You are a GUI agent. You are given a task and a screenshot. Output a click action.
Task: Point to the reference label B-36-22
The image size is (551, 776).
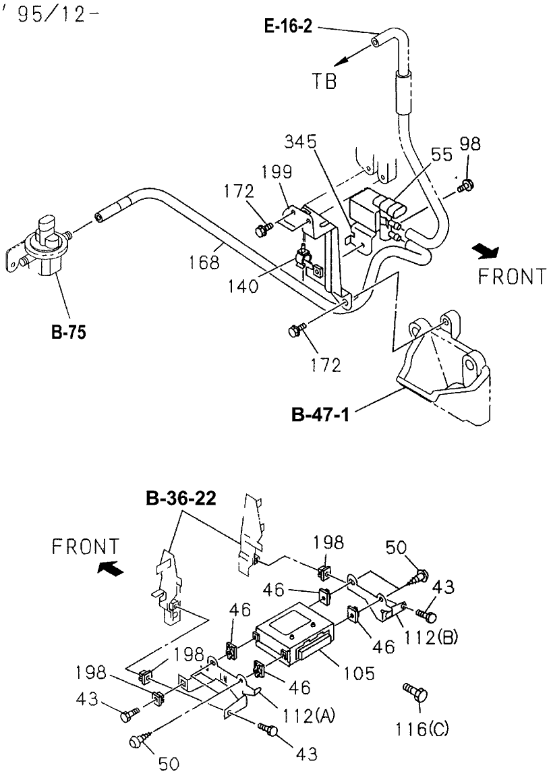181,501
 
